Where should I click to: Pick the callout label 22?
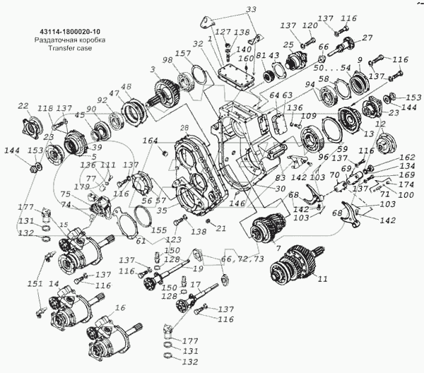point(23,106)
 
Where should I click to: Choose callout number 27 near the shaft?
point(367,38)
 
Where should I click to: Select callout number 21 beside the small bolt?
point(220,228)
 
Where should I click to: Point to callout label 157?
point(183,53)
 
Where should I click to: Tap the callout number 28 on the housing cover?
point(184,128)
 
